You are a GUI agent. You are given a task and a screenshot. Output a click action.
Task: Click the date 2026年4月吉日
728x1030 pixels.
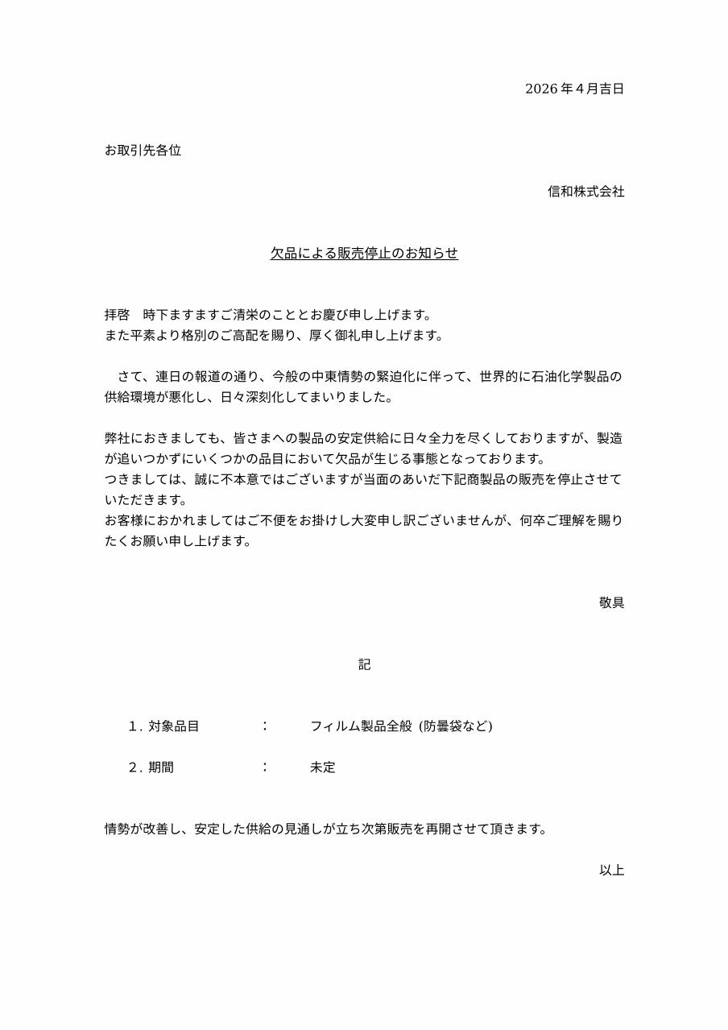(x=574, y=89)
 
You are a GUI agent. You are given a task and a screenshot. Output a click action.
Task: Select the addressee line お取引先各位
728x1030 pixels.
(x=143, y=151)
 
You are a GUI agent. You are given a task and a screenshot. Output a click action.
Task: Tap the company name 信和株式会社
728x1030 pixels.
(x=585, y=192)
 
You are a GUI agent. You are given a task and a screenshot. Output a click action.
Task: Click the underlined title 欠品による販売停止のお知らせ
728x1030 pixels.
(x=364, y=254)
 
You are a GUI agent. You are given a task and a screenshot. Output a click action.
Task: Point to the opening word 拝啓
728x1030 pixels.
(x=117, y=315)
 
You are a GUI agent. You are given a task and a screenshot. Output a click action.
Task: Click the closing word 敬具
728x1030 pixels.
(x=611, y=602)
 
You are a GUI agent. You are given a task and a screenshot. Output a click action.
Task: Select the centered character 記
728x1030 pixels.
(x=364, y=664)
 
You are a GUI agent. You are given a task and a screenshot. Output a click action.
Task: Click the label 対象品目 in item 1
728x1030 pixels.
(x=173, y=726)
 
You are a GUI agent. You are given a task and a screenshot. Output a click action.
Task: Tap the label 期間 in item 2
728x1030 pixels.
(x=160, y=767)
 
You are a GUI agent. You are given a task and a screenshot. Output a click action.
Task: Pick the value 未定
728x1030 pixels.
(x=322, y=767)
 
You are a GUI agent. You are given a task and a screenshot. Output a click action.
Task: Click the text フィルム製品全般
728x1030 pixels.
(x=361, y=726)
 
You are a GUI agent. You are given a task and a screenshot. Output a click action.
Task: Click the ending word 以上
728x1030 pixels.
(x=611, y=871)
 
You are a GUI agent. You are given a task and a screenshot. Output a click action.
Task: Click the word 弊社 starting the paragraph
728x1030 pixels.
(x=117, y=439)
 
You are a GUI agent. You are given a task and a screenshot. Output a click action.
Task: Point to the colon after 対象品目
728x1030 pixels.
(x=265, y=726)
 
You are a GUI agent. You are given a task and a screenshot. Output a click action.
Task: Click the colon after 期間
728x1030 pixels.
(x=265, y=767)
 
